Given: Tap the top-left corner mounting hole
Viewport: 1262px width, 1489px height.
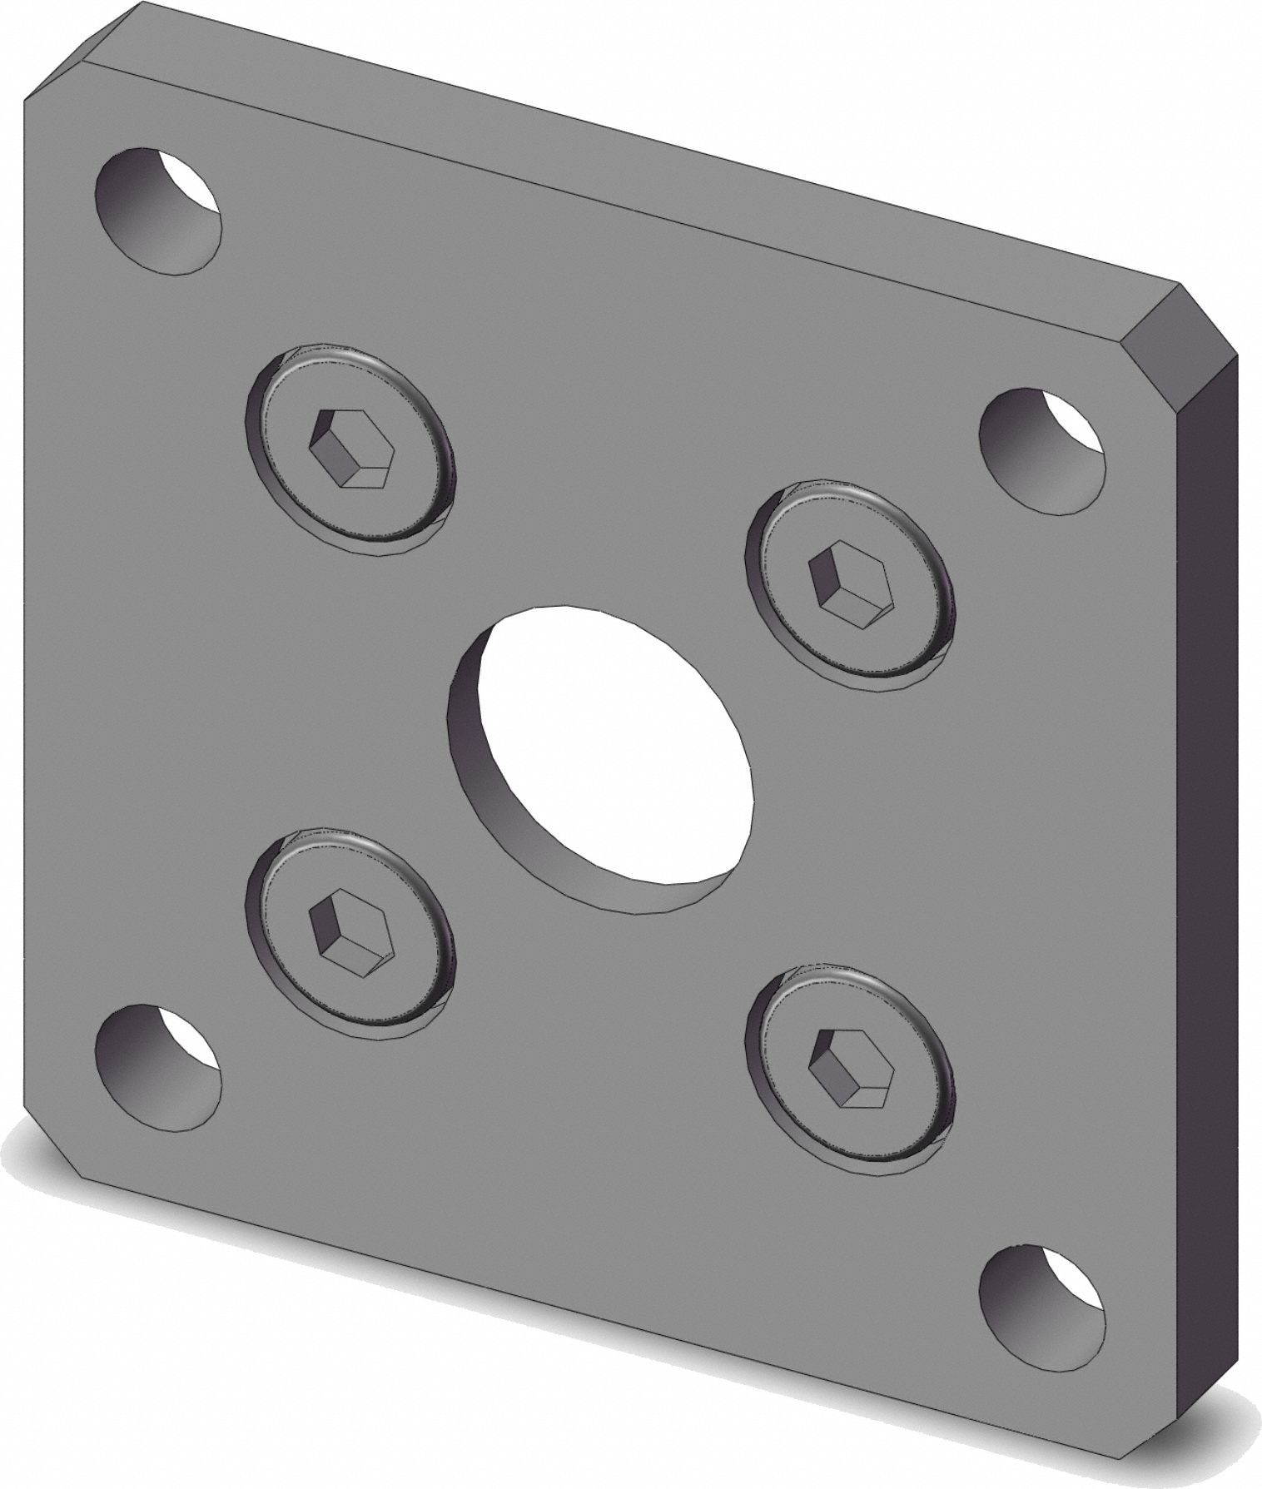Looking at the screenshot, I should [160, 211].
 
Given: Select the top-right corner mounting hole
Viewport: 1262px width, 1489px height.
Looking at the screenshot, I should [1041, 449].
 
